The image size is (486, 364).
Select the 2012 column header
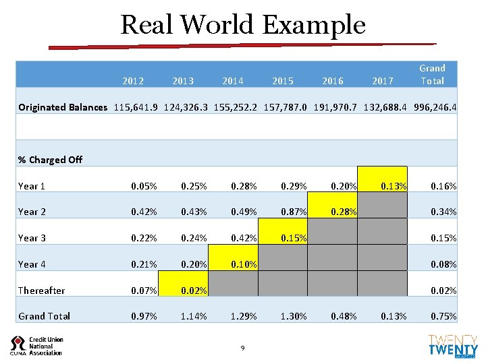coord(133,81)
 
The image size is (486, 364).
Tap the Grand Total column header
coord(432,74)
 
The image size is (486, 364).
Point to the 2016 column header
coord(332,81)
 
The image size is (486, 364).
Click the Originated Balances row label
coord(63,107)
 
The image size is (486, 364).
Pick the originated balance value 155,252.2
coord(232,107)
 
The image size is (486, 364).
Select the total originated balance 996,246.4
coord(433,107)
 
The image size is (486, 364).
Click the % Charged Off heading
coord(50,160)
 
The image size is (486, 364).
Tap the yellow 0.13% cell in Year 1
coord(383,185)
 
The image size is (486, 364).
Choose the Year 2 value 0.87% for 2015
coord(283,212)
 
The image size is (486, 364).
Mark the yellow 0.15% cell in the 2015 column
coord(283,238)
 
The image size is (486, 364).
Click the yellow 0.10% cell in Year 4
coord(233,264)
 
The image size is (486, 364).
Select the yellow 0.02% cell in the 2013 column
coord(183,291)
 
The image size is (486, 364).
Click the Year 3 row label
coord(32,238)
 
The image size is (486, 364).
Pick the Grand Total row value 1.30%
coord(283,316)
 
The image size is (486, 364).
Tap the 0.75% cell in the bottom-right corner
coord(433,316)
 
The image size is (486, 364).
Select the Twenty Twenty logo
coord(453,345)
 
